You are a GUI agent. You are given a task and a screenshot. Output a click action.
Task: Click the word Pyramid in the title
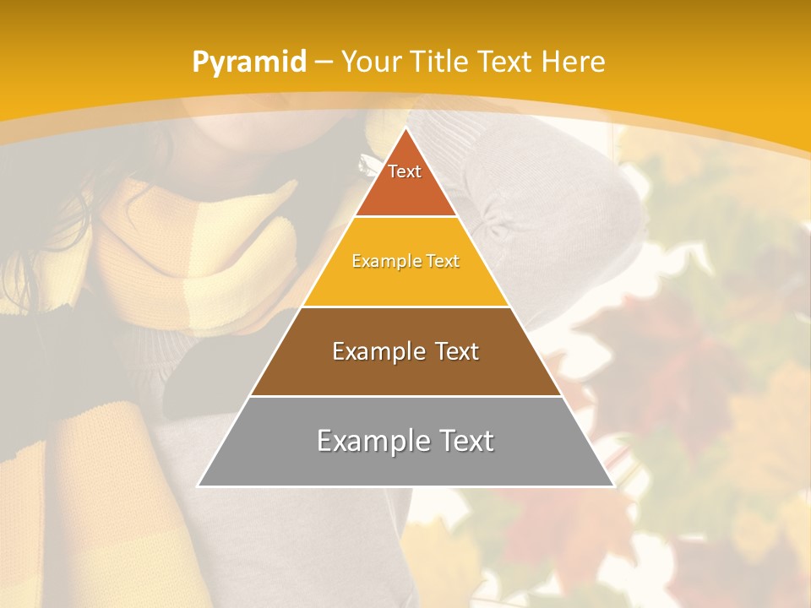(249, 62)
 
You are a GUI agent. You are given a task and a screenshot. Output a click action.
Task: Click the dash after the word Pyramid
(323, 62)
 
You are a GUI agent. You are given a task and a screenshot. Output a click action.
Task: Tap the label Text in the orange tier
(405, 171)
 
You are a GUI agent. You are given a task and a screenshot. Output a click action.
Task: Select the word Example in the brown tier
(376, 351)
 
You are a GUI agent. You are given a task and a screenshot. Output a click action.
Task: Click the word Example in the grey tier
(367, 441)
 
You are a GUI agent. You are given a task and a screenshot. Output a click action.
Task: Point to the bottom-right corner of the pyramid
(612, 486)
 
